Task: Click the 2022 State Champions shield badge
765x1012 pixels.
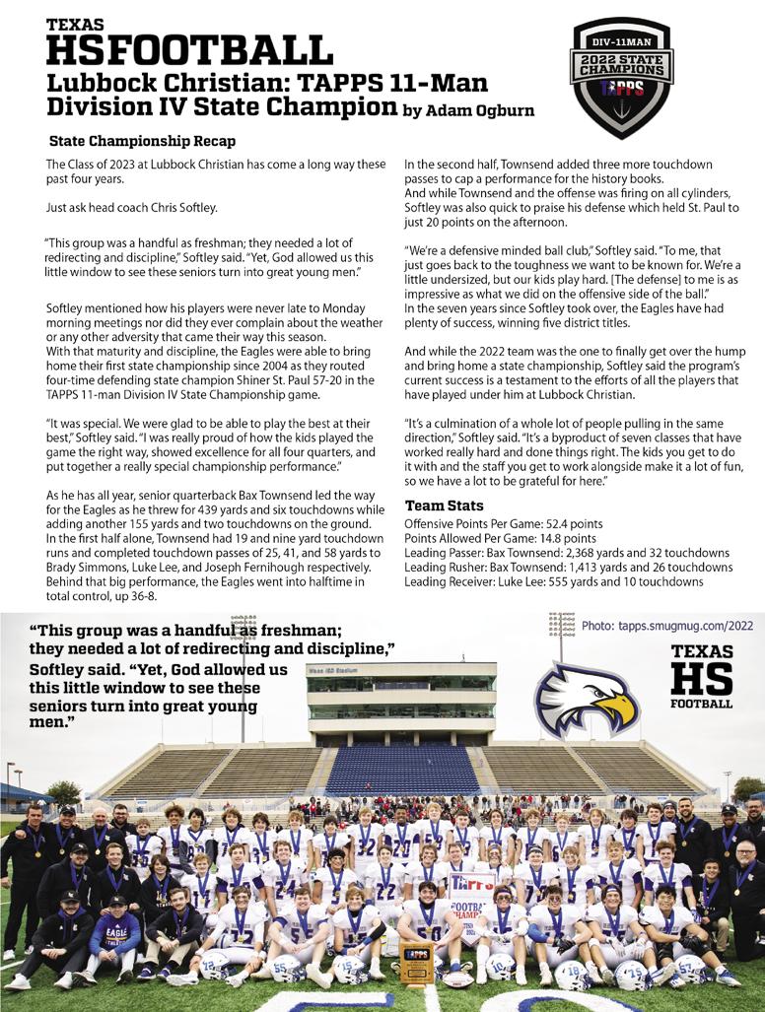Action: click(622, 76)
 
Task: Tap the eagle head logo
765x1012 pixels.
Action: click(586, 699)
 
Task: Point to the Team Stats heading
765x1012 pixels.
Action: click(444, 506)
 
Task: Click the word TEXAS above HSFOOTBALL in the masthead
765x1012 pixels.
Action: click(74, 24)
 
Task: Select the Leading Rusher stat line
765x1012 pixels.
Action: click(568, 568)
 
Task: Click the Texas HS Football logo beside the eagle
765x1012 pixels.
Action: click(701, 676)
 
